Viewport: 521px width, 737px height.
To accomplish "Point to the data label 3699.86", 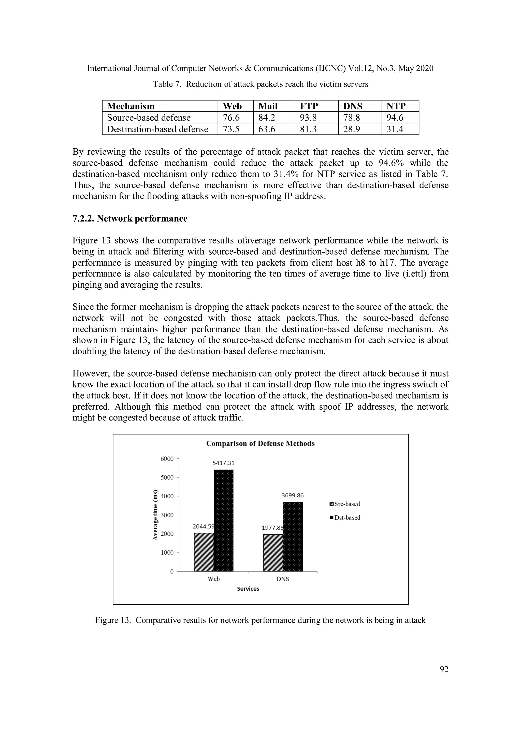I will click(x=293, y=495).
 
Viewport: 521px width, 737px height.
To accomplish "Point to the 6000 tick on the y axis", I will click(x=167, y=459).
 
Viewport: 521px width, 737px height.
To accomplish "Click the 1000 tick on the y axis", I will click(x=167, y=553).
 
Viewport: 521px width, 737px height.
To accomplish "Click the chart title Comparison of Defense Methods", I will click(x=260, y=444).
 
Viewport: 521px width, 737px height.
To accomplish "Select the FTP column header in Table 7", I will click(x=309, y=106).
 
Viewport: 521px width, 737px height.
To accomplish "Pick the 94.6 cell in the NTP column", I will click(x=395, y=118).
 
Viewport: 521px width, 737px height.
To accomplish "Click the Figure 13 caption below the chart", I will click(x=260, y=620).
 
